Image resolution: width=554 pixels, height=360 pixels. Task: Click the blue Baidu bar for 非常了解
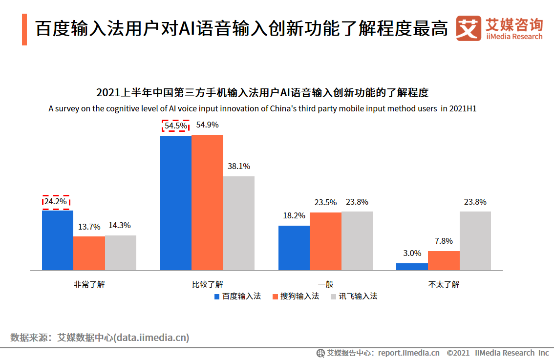tap(58, 240)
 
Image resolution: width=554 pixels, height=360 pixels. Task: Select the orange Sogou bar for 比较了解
tap(207, 202)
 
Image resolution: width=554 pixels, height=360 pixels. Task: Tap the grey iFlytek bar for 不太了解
tap(475, 240)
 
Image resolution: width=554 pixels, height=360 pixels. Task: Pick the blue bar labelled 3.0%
tap(412, 267)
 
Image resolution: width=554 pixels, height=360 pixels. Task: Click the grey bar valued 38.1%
tap(239, 223)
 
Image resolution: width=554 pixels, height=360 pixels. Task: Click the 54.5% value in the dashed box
tap(175, 126)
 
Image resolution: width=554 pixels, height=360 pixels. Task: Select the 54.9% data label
tap(207, 125)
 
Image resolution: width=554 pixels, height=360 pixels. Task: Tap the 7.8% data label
tap(444, 241)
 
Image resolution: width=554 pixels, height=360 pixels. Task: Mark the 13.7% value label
tap(89, 227)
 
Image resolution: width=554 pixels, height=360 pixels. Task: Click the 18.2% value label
tap(294, 215)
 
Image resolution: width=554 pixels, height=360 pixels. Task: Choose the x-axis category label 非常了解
tap(89, 284)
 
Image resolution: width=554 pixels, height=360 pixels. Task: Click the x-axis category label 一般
tap(325, 284)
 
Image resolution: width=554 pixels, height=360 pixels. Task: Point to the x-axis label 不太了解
tap(444, 284)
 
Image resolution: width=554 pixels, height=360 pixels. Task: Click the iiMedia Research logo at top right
tap(499, 29)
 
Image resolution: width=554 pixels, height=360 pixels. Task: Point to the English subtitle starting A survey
tap(262, 108)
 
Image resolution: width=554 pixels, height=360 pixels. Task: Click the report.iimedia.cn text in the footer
tap(408, 353)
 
